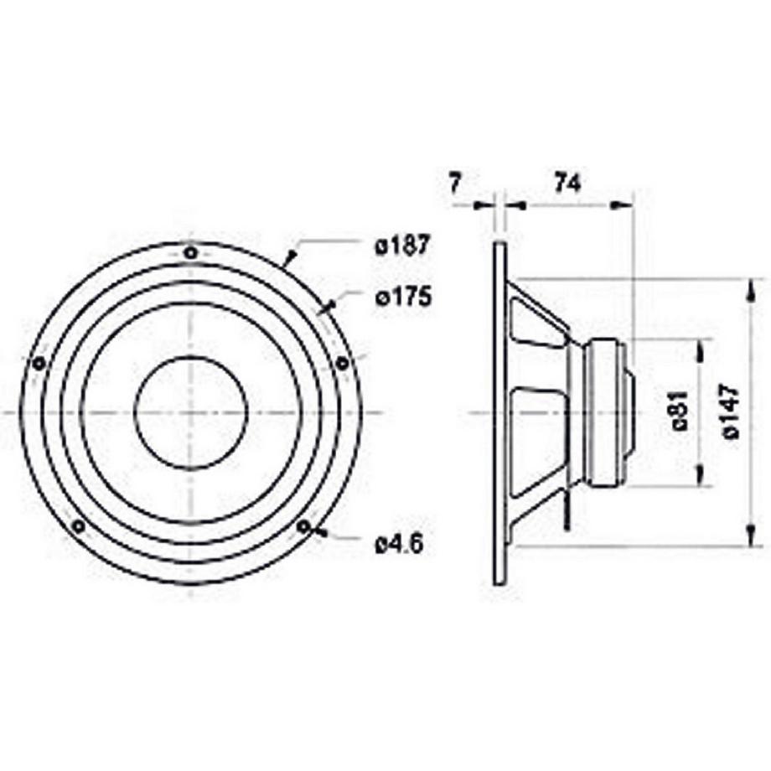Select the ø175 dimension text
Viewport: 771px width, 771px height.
pyautogui.click(x=402, y=297)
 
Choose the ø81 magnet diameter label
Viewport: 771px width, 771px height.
pyautogui.click(x=680, y=411)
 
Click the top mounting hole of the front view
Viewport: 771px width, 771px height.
pyautogui.click(x=191, y=252)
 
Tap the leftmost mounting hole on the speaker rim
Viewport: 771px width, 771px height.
pyautogui.click(x=39, y=363)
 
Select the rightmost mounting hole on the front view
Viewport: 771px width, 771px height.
pyautogui.click(x=342, y=363)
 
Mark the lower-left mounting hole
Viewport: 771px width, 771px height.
pyautogui.click(x=78, y=525)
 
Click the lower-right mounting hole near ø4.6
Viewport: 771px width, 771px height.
pyautogui.click(x=303, y=526)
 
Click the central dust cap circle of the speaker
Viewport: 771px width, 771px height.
pyautogui.click(x=191, y=412)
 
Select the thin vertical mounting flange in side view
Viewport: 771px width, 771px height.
pyautogui.click(x=500, y=412)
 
